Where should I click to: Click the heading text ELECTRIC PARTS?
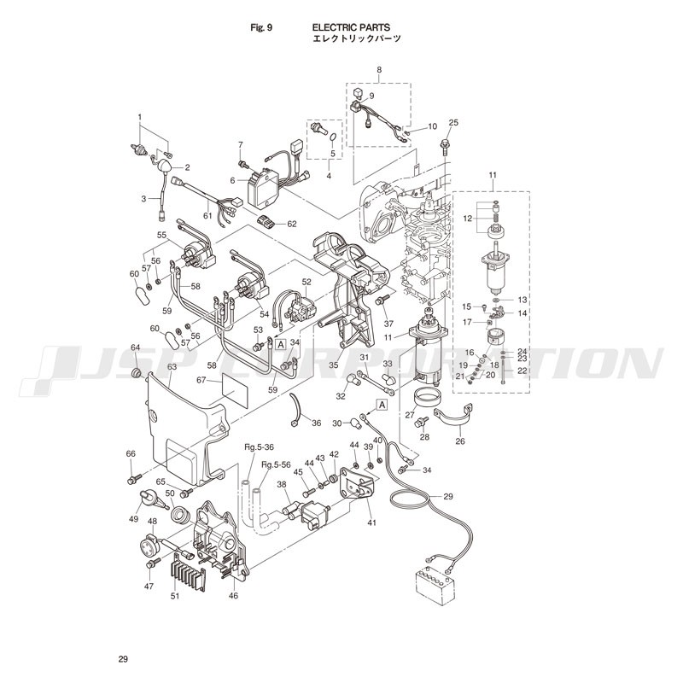click(351, 27)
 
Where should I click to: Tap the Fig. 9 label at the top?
click(261, 27)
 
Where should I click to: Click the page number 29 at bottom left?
click(123, 659)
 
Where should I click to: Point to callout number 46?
click(233, 595)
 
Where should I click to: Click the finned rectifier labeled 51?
click(187, 569)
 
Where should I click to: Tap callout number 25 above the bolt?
click(453, 122)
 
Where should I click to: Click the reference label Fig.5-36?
click(259, 447)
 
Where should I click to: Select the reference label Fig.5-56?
click(276, 464)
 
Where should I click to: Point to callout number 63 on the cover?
click(172, 367)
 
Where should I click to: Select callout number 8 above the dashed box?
click(379, 69)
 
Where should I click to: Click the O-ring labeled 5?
click(334, 138)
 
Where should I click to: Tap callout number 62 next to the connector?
click(291, 224)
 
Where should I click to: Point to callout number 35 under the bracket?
click(333, 365)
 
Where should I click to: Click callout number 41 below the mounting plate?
click(371, 522)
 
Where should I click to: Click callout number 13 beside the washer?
click(522, 300)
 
